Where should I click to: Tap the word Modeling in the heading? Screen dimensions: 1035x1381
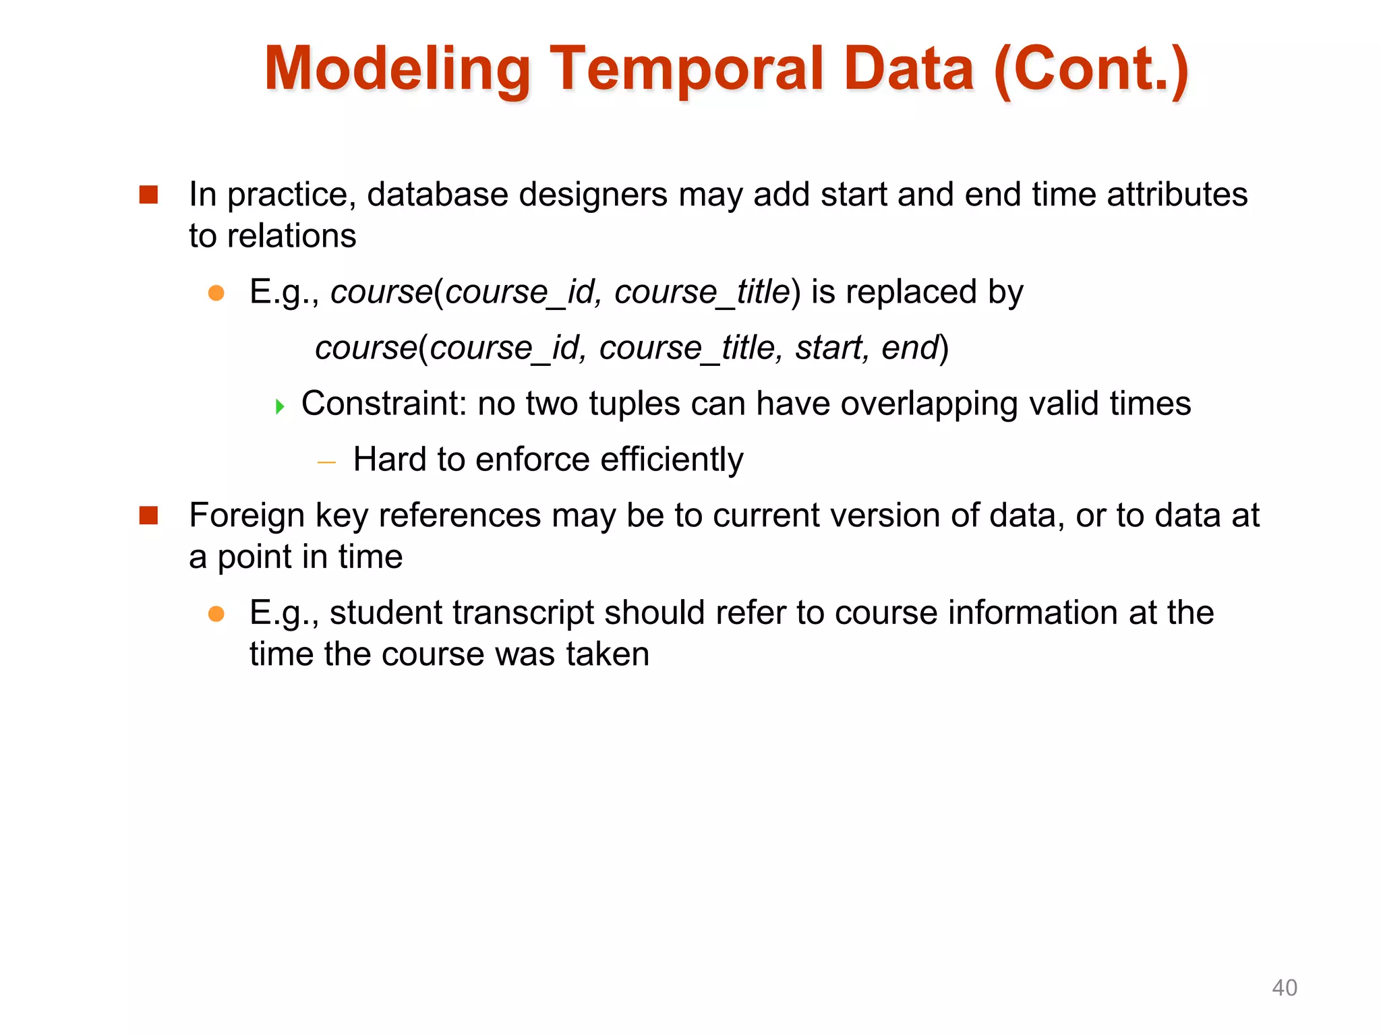(398, 69)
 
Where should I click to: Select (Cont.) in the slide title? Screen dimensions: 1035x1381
(1090, 69)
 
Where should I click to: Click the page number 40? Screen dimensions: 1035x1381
(1284, 988)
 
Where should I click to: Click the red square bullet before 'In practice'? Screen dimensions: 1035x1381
(148, 195)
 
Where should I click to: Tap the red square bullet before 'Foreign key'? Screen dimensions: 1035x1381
(148, 515)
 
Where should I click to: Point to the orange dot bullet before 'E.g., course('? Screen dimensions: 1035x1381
(216, 293)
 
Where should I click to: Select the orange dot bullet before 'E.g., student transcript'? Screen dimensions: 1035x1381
(216, 614)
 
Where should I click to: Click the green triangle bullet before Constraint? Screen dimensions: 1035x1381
(280, 406)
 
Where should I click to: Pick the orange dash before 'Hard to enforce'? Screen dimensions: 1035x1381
(326, 462)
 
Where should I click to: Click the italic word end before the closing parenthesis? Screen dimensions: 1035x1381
(910, 348)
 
